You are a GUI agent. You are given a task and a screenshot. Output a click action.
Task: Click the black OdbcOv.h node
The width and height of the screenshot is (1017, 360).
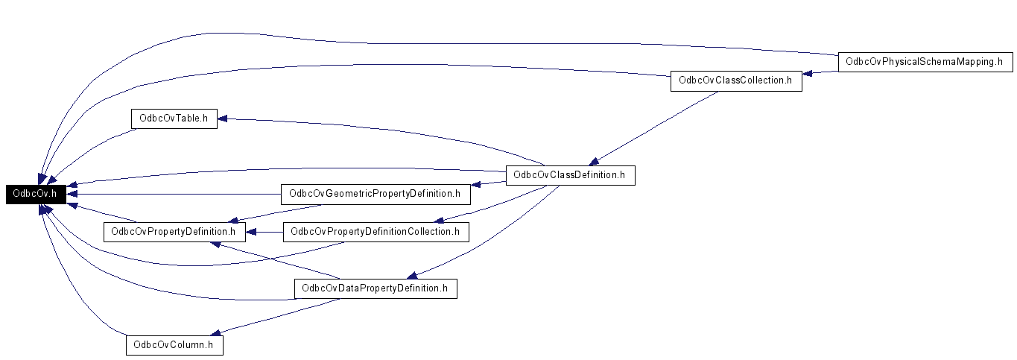[36, 194]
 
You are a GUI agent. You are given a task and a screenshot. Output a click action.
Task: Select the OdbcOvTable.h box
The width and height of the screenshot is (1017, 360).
[174, 119]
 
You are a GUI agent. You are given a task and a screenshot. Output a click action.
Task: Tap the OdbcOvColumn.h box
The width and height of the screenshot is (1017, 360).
[174, 345]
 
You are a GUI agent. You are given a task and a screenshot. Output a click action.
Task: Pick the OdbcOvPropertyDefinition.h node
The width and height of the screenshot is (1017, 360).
[174, 232]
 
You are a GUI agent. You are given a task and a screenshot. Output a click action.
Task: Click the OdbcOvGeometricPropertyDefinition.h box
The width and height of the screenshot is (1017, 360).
[376, 195]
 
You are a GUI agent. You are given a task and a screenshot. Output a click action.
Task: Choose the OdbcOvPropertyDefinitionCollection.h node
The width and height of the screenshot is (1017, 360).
[376, 232]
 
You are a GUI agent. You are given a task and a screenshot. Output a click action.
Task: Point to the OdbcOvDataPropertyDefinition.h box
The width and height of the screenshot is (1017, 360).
[376, 288]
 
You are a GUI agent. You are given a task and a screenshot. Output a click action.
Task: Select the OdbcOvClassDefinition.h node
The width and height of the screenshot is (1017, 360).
[570, 175]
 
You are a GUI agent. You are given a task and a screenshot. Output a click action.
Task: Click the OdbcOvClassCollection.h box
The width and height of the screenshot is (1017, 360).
[736, 80]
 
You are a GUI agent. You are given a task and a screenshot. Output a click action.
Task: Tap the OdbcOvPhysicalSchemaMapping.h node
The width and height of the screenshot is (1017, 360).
[925, 62]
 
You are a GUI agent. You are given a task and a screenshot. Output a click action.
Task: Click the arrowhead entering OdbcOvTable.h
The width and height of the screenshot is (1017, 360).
[223, 119]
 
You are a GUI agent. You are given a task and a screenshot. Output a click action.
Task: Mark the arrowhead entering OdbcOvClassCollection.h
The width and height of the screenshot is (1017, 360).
[807, 73]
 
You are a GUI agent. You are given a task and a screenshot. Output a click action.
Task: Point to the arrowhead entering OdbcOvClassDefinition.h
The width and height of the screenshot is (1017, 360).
[593, 162]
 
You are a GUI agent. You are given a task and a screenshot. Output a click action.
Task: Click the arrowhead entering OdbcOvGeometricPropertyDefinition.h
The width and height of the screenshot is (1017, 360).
[476, 184]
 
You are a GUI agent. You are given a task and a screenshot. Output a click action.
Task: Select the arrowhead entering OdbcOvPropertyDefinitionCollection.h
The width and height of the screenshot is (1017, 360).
[438, 221]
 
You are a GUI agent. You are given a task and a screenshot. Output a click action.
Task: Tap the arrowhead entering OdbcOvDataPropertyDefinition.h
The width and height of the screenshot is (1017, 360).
[411, 276]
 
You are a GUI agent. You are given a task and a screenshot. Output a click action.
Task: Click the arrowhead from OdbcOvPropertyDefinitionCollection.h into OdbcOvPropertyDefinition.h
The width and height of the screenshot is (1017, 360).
[251, 233]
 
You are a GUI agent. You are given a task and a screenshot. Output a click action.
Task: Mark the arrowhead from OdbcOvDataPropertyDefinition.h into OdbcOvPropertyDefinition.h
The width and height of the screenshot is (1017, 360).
[216, 244]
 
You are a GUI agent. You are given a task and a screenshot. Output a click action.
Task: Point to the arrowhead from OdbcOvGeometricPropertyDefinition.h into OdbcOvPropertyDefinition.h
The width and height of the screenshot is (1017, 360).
[233, 221]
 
